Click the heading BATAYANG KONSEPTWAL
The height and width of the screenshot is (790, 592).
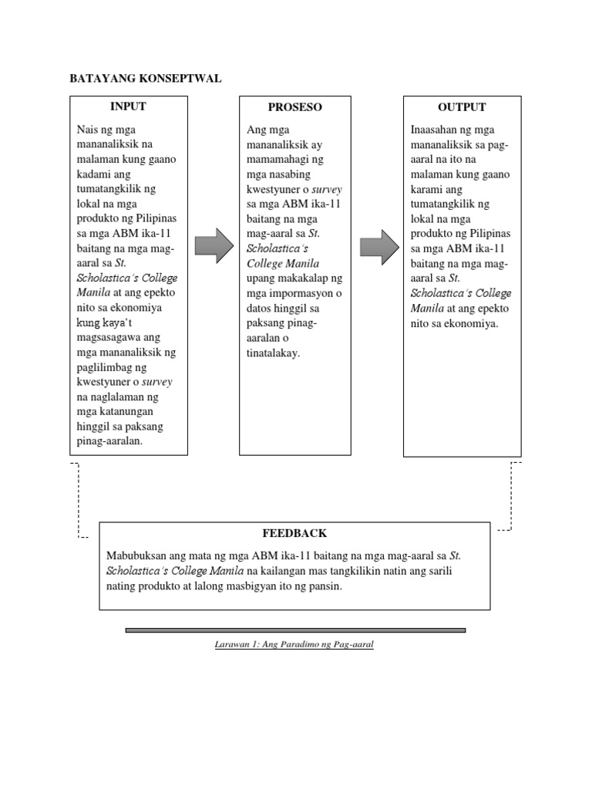[x=146, y=78]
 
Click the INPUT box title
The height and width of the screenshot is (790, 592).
[x=128, y=106]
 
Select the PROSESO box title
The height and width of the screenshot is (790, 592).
[x=294, y=107]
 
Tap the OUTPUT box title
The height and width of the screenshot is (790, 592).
[x=461, y=107]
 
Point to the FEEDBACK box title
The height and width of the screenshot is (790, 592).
[x=294, y=533]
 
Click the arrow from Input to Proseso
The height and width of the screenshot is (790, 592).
[x=214, y=245]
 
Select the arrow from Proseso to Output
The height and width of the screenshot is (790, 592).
[x=379, y=245]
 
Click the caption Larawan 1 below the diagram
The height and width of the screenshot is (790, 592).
[x=294, y=643]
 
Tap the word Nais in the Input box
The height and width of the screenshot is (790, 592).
[x=88, y=129]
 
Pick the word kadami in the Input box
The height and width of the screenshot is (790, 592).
[x=94, y=174]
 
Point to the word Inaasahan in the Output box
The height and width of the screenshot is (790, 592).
[x=436, y=129]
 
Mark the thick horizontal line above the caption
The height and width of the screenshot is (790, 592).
[x=295, y=630]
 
